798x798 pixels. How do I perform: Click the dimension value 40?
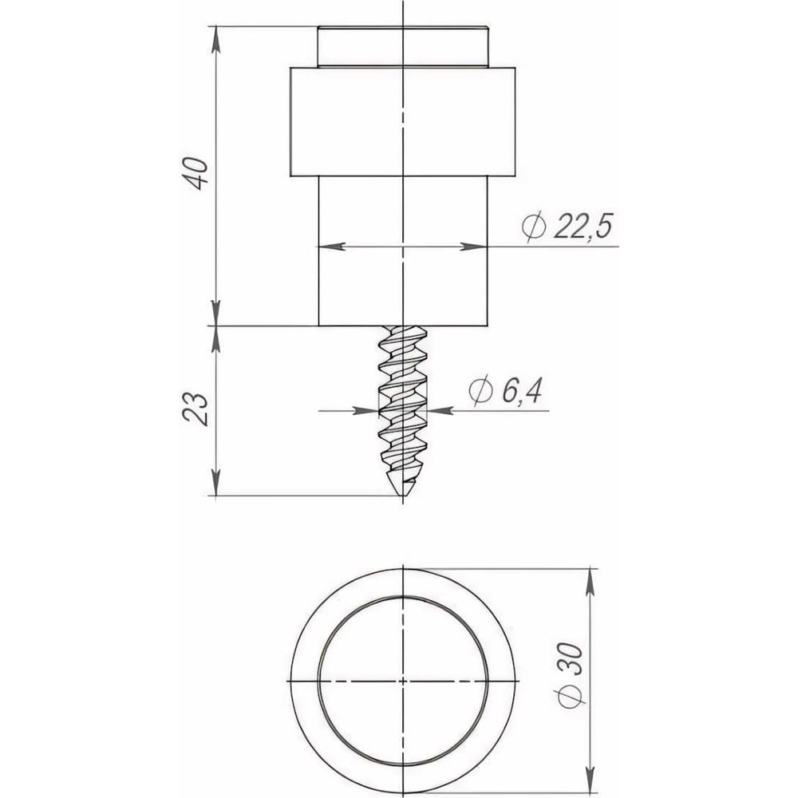(x=196, y=174)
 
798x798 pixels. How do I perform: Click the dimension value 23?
(x=196, y=409)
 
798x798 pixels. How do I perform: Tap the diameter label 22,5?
(x=583, y=226)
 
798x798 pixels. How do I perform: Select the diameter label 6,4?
(x=522, y=391)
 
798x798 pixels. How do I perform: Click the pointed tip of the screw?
(x=402, y=496)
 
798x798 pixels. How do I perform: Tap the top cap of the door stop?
(x=402, y=46)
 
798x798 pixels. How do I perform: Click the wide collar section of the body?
(x=402, y=121)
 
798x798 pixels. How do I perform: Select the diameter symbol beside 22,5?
(x=535, y=227)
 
